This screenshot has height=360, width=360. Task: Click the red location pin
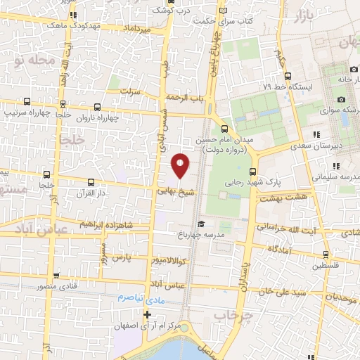click(x=181, y=165)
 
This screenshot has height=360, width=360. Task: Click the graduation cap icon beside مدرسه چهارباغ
click(x=200, y=224)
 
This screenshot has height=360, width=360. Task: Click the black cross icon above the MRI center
click(x=147, y=314)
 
